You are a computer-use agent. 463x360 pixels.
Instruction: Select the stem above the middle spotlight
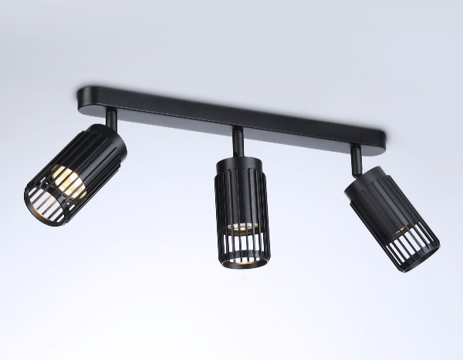click(x=238, y=141)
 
